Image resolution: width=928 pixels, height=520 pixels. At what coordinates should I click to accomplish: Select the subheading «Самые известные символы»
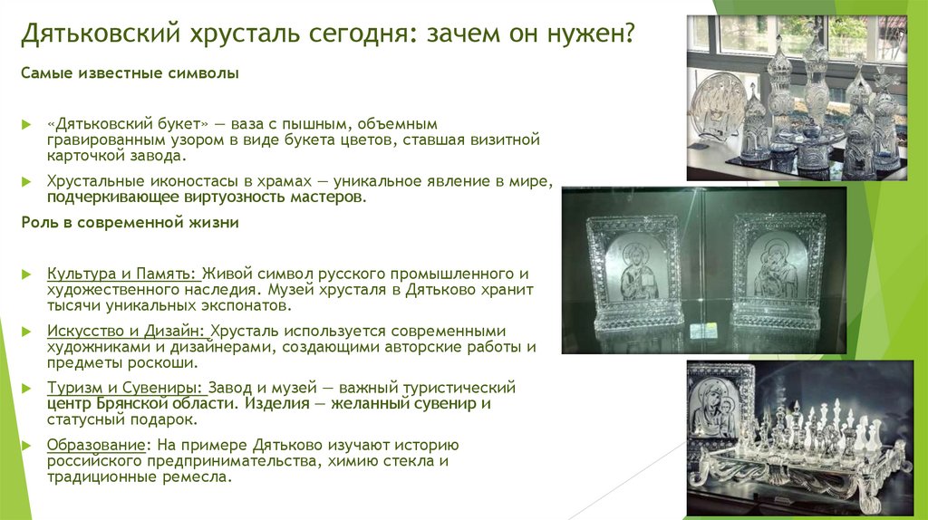click(x=130, y=73)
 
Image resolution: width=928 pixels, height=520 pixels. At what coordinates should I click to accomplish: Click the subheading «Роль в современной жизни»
click(x=132, y=221)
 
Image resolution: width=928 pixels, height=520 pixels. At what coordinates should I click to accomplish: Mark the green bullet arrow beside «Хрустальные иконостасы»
click(x=27, y=182)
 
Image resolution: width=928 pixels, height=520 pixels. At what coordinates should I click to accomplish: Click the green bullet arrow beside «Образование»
click(x=27, y=446)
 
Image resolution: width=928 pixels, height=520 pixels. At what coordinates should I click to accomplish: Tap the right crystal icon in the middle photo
click(x=777, y=271)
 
